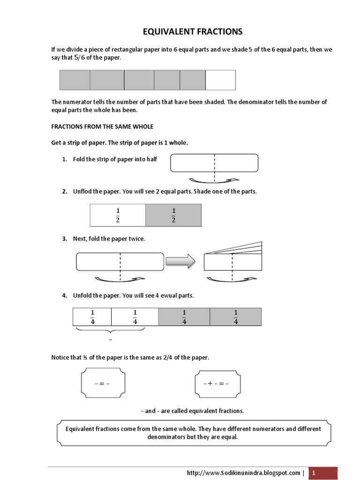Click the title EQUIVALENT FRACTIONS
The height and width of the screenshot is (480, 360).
(x=192, y=32)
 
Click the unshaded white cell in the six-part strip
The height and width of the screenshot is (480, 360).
(x=220, y=80)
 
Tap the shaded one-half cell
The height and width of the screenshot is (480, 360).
(x=173, y=215)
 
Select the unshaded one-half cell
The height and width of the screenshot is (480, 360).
(x=118, y=215)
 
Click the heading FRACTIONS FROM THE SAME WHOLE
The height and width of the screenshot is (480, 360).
(x=102, y=127)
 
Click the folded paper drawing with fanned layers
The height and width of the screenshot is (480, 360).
(x=232, y=256)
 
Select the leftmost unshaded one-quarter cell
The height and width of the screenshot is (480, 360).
(x=92, y=316)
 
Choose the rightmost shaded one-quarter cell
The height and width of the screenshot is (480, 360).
(x=235, y=316)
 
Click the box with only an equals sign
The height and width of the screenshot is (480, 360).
(x=102, y=383)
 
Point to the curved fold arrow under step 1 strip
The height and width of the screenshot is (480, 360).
(x=214, y=180)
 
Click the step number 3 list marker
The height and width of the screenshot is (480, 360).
(x=65, y=239)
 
